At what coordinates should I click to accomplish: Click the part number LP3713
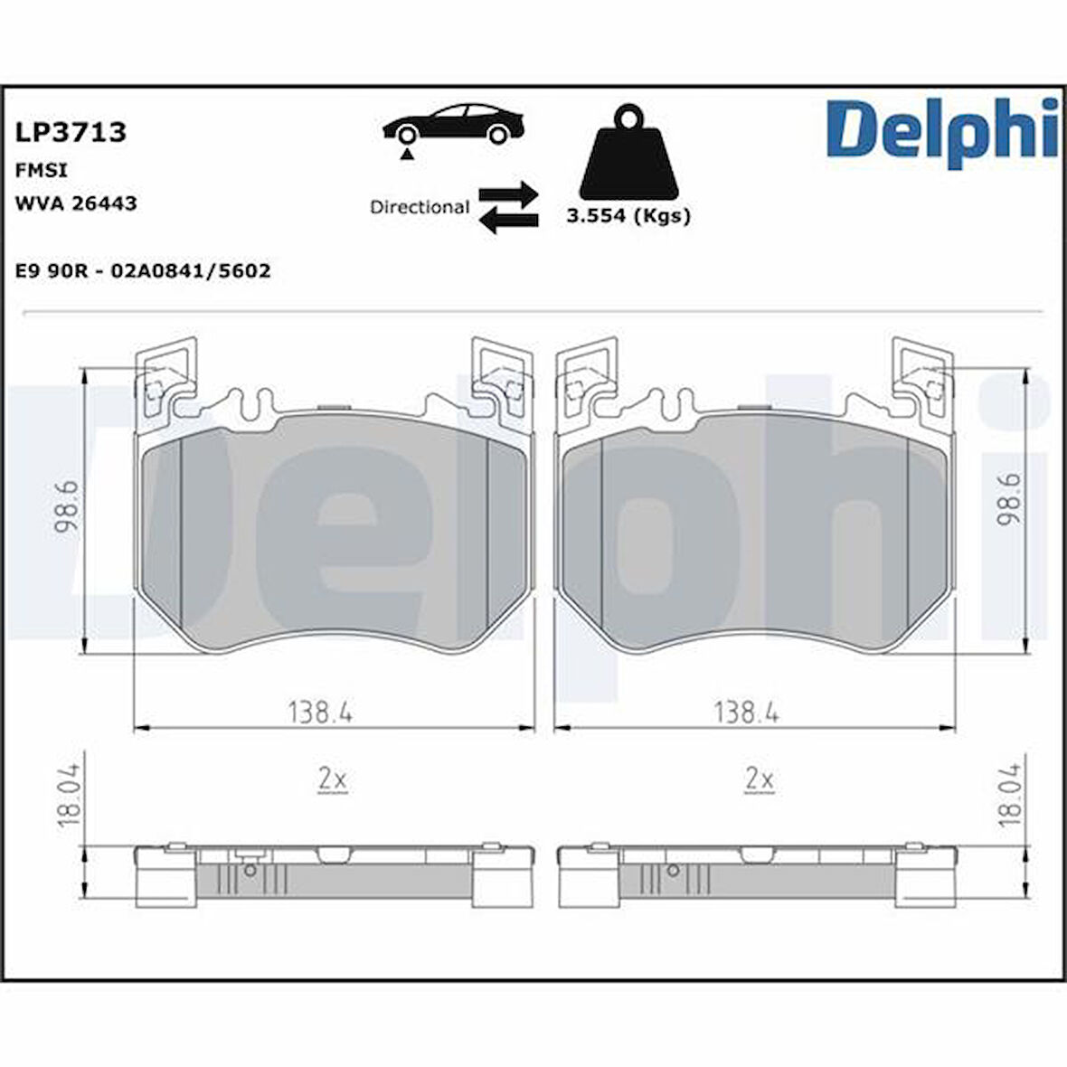point(70,133)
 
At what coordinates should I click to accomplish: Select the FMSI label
point(42,170)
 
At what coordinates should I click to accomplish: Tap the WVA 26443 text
point(76,203)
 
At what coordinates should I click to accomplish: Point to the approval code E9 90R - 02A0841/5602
point(143,270)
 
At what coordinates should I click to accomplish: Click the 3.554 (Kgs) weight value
point(628,216)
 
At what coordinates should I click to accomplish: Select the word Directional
point(419,207)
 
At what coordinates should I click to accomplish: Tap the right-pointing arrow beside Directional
point(508,193)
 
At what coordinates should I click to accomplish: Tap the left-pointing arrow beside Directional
point(508,220)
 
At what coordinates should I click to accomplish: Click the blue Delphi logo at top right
point(941,131)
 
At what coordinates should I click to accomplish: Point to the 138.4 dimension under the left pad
point(320,713)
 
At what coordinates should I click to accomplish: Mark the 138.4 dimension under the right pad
point(746,713)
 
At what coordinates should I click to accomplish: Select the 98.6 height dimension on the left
point(68,510)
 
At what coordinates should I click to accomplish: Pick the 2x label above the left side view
point(332,778)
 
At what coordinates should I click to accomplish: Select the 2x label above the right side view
point(759,778)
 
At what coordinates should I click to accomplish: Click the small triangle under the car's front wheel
point(408,156)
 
